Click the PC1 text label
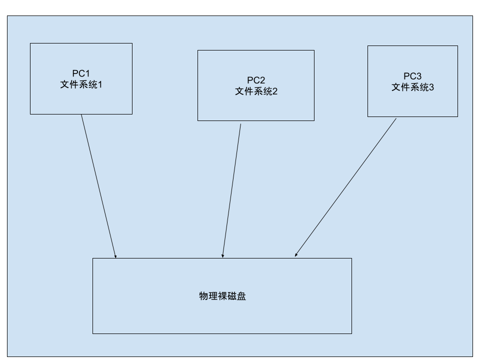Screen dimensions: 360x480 click(x=81, y=73)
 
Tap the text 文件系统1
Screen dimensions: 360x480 click(x=81, y=84)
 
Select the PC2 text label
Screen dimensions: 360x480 click(x=256, y=80)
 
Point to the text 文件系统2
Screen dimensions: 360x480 click(x=256, y=91)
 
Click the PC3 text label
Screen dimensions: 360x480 click(x=412, y=76)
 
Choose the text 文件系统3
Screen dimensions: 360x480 click(x=412, y=87)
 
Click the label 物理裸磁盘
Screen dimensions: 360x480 click(x=222, y=296)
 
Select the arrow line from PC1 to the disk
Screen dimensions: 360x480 click(x=98, y=186)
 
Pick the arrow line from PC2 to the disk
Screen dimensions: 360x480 click(x=231, y=190)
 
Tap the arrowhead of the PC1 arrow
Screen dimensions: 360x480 click(x=115, y=256)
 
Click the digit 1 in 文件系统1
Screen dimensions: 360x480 click(x=99, y=84)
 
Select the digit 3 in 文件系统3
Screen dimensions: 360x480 click(x=431, y=87)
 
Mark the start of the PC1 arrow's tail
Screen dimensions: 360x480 click(x=81, y=115)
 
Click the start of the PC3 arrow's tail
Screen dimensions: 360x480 click(x=396, y=118)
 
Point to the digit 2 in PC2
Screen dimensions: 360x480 click(x=262, y=80)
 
